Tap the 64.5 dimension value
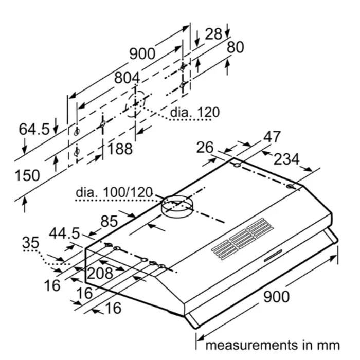coord(34,129)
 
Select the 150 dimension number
coord(27,175)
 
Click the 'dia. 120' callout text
coord(194,112)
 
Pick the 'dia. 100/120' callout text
coord(115,192)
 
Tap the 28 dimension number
coord(213,34)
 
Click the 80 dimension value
coord(235,47)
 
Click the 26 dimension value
coord(205,148)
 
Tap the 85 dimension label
coord(109,222)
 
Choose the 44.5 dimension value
coord(65,233)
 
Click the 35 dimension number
coord(31,242)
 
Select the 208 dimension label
coord(99,273)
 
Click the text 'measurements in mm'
coord(272,344)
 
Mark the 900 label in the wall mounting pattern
coord(142,53)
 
